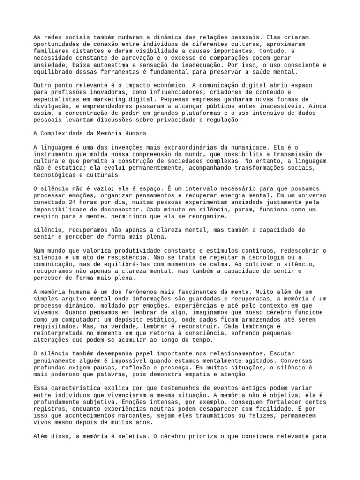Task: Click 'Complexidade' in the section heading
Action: tap(63, 133)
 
